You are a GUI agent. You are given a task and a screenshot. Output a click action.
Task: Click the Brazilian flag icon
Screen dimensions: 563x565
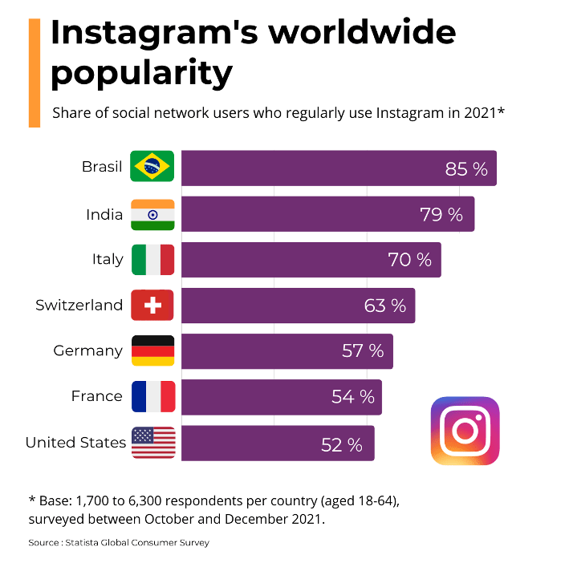tap(152, 168)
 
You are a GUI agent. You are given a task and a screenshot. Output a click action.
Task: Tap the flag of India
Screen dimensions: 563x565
tap(152, 214)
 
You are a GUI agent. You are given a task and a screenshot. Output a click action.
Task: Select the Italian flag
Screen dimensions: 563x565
tap(152, 260)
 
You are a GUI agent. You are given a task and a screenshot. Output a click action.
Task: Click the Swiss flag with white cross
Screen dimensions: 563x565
tap(152, 306)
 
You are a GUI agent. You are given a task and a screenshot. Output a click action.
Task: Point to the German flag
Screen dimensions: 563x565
tap(152, 350)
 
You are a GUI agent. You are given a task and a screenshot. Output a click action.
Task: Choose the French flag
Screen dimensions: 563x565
tap(152, 396)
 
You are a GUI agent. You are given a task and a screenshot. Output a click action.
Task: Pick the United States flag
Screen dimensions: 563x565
tap(152, 442)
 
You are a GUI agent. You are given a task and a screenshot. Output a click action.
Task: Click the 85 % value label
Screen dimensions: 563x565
tap(466, 169)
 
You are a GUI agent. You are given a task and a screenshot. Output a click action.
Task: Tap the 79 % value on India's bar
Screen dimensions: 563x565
tap(441, 215)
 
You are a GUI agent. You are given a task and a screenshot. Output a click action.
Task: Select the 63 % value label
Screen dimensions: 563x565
tap(385, 306)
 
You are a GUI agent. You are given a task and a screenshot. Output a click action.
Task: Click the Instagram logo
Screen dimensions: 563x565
tap(465, 431)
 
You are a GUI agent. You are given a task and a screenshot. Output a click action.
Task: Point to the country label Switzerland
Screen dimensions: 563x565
tap(79, 306)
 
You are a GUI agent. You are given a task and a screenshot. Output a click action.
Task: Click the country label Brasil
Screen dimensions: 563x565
tap(102, 168)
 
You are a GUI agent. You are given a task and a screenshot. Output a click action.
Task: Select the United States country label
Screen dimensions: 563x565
tap(75, 443)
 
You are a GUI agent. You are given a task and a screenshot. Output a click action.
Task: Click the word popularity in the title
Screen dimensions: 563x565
tap(141, 74)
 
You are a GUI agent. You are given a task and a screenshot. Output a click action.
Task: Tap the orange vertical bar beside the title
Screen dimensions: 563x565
tap(35, 73)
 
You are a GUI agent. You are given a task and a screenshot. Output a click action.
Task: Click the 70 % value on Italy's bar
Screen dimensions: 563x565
tap(409, 260)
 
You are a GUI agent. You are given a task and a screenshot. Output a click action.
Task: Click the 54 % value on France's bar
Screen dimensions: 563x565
tap(353, 397)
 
